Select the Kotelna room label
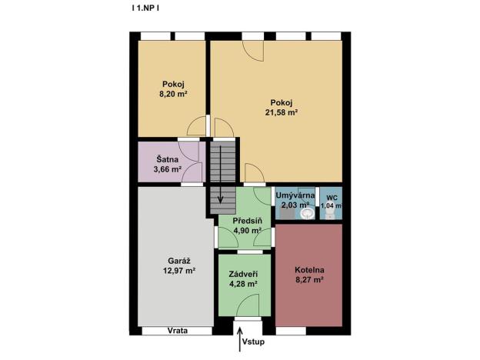(310, 270)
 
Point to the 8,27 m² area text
(310, 281)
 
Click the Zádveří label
(243, 273)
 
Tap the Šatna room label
(166, 159)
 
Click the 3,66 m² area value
(166, 169)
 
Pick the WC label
(331, 197)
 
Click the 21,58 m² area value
(282, 112)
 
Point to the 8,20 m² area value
(174, 93)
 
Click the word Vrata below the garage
(178, 331)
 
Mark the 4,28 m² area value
(243, 284)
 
